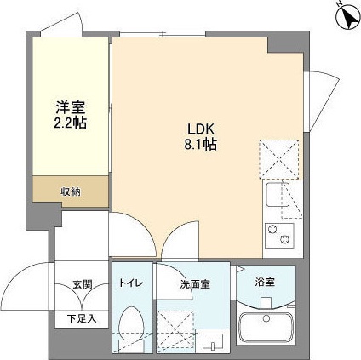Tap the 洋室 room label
(72, 107)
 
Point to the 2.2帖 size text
(72, 123)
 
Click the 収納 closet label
(70, 191)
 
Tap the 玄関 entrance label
(83, 284)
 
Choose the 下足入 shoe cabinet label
(83, 318)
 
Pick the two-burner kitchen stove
(278, 232)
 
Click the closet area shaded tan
(70, 191)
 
